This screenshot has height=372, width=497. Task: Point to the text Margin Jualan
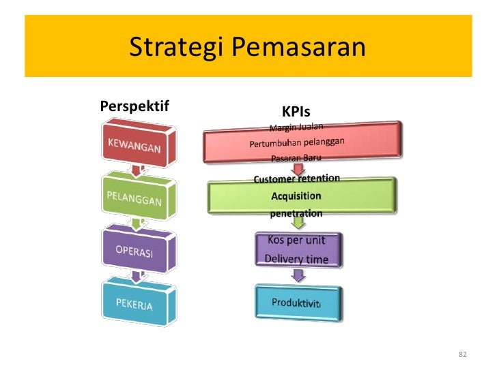[296, 127]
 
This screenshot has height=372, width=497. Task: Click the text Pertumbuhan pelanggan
[296, 143]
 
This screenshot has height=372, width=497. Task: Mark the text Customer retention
[296, 179]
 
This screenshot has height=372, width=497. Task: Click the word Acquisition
[296, 196]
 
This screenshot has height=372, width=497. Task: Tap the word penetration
[296, 213]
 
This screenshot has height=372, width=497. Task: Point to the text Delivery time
[296, 259]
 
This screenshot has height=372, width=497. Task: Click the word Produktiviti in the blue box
[298, 302]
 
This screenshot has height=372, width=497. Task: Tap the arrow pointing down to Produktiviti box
[297, 275]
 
